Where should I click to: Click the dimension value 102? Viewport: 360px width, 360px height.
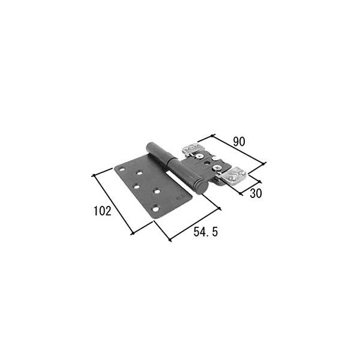pos(102,211)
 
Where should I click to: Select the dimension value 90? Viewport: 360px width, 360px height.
pos(238,142)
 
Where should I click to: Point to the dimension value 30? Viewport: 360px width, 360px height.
pos(255,193)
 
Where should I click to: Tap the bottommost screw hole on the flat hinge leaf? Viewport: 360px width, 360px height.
pos(155,209)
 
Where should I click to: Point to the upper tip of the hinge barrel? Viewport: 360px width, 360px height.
pos(149,146)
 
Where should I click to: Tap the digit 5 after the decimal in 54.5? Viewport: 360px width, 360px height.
pos(213,232)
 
